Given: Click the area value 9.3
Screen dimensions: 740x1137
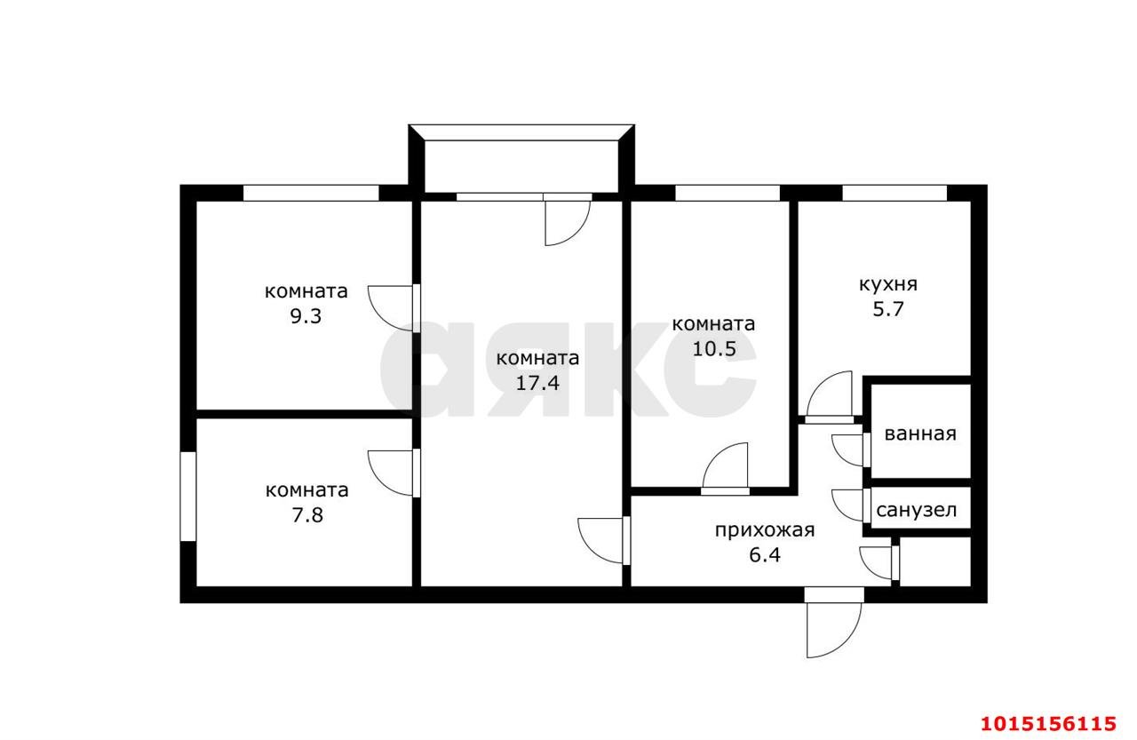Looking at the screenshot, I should (306, 316).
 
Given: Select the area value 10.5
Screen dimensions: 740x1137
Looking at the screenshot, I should (714, 348).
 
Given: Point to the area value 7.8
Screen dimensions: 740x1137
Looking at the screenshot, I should (306, 514).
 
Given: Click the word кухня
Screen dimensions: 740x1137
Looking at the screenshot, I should (887, 285).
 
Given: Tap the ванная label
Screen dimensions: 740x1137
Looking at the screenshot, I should (920, 434).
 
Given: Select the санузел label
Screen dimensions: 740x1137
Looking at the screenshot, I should (917, 511).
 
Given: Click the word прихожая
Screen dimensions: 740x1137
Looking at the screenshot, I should (765, 531).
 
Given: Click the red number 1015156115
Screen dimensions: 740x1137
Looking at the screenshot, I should (1047, 721).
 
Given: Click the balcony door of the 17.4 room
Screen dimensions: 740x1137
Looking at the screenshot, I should (568, 220).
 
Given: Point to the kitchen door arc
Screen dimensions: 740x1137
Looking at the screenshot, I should (831, 395).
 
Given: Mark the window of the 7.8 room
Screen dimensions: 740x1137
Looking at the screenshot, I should (187, 496).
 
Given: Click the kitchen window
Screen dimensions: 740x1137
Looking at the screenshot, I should (894, 193).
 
